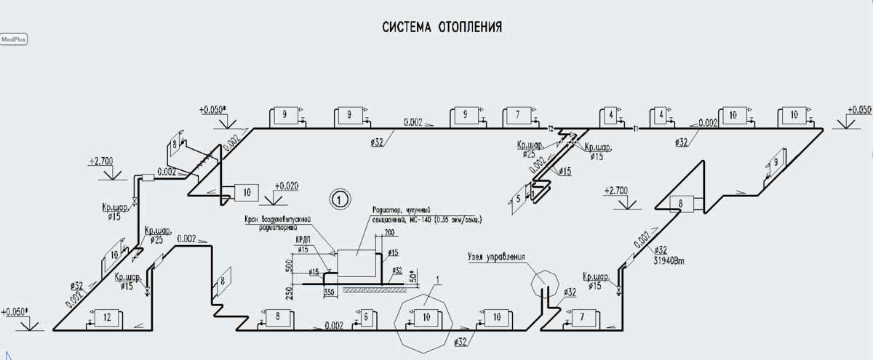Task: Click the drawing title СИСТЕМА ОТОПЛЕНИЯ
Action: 442,28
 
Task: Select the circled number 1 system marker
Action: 338,197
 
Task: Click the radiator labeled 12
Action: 107,317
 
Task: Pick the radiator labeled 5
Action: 518,198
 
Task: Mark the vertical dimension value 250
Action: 289,292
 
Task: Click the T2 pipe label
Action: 550,129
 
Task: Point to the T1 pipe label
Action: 635,129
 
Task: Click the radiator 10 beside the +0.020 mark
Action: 247,193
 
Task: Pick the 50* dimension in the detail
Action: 413,277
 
